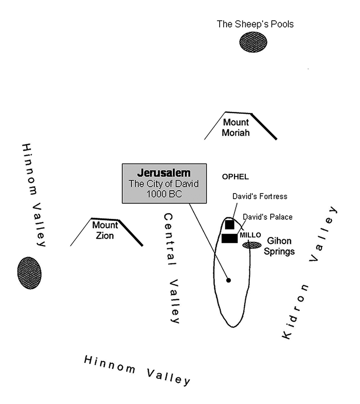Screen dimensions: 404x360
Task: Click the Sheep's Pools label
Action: tap(255, 24)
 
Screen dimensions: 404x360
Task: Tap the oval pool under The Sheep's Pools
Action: tap(254, 42)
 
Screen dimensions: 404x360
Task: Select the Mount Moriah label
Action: tap(237, 127)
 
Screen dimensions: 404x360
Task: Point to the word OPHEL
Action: tap(235, 177)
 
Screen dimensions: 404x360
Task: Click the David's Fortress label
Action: tap(259, 196)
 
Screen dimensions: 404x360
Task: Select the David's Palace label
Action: tap(267, 217)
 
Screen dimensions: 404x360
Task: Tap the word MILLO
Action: tap(250, 235)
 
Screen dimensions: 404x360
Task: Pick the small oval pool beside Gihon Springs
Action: tap(252, 245)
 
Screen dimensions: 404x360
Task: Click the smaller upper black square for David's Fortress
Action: tap(229, 225)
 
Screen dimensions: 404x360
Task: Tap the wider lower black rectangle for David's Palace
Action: tap(229, 238)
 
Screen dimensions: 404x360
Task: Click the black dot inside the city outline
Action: tap(229, 280)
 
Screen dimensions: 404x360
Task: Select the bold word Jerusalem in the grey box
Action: tap(164, 173)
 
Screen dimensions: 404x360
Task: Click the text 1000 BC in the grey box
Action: tap(164, 193)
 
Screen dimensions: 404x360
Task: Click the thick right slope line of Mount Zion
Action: tap(130, 233)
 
